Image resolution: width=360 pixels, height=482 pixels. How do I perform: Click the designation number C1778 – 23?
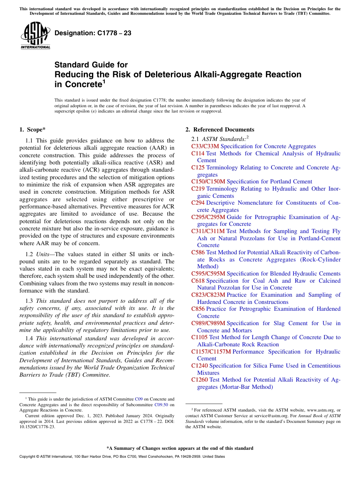(x=93, y=33)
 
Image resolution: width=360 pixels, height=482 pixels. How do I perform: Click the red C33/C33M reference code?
(x=205, y=146)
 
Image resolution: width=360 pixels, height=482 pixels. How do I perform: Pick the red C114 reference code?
(x=198, y=153)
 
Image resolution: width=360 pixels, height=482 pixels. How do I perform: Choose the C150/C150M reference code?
(x=208, y=182)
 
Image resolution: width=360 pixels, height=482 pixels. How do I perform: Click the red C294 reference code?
(x=198, y=203)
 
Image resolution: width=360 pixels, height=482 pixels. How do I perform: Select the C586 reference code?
(x=198, y=252)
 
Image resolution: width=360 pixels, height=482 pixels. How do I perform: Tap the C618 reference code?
(x=198, y=281)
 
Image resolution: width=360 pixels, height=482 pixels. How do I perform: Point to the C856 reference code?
(x=198, y=309)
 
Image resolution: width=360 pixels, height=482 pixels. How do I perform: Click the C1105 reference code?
(x=199, y=337)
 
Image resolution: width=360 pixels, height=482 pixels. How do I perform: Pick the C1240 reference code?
(x=199, y=366)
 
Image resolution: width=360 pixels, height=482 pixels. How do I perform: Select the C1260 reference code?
(x=199, y=380)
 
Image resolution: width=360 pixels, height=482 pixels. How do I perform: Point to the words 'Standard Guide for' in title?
(x=91, y=65)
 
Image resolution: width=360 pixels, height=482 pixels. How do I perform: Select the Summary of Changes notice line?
(x=180, y=448)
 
